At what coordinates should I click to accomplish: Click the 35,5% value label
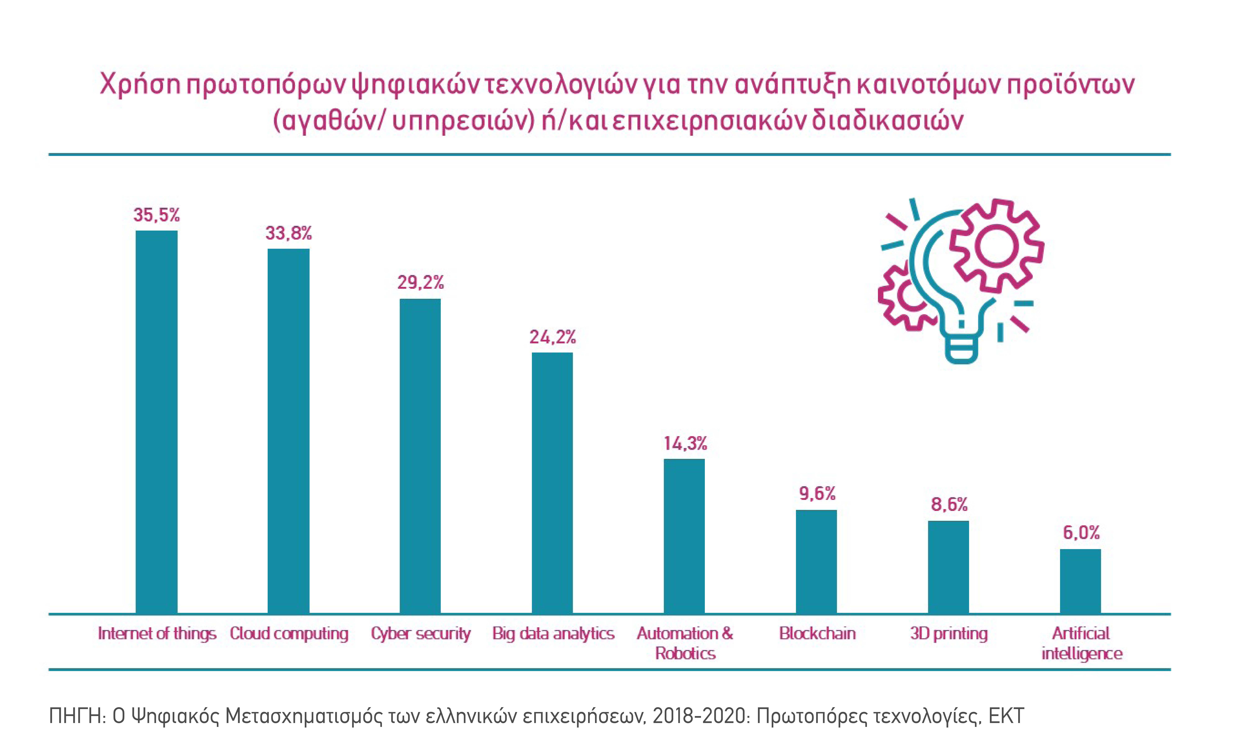pyautogui.click(x=156, y=215)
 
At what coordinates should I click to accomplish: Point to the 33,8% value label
pyautogui.click(x=288, y=233)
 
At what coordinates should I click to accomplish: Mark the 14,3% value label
pyautogui.click(x=685, y=443)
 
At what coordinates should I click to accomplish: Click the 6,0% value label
pyautogui.click(x=1081, y=533)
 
